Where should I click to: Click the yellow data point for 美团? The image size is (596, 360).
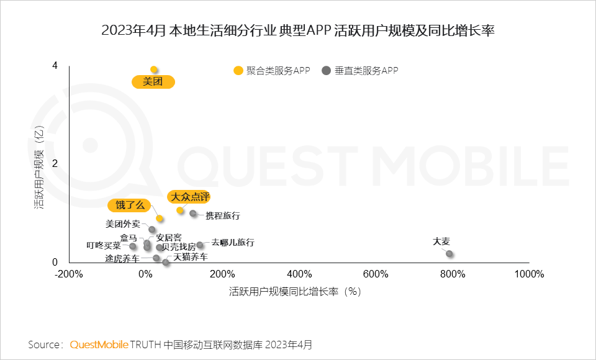pos(154,70)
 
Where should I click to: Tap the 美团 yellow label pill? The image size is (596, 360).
pos(153,81)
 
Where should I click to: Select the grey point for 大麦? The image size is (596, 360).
pos(449,254)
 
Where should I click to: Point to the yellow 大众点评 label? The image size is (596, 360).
pos(190,197)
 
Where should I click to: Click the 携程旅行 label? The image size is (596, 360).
pos(222,216)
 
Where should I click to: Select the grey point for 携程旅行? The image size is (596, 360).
pos(193,214)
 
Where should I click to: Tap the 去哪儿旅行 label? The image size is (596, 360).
pos(233,243)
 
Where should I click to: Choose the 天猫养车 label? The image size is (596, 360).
pos(191,257)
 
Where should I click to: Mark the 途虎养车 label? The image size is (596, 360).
pos(122,258)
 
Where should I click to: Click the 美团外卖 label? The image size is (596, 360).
pos(123,224)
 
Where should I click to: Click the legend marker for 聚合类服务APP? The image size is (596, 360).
pos(238,71)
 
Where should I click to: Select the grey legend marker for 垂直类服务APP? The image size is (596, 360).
pos(326,71)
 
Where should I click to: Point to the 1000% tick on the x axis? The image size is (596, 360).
pos(528,274)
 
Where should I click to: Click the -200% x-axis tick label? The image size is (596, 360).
pos(68,274)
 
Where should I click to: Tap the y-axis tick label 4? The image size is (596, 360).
pos(55,65)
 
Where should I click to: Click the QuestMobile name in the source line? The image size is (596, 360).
pos(99,344)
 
